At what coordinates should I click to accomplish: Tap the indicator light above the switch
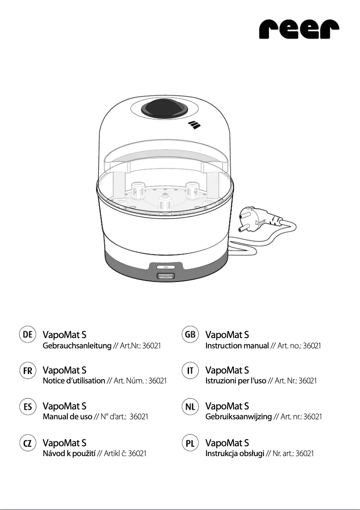click(165, 267)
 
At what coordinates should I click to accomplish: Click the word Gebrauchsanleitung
click(77, 346)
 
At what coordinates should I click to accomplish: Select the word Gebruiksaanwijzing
click(238, 417)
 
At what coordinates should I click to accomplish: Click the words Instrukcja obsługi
click(234, 453)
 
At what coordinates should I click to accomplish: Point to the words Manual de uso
click(67, 417)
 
